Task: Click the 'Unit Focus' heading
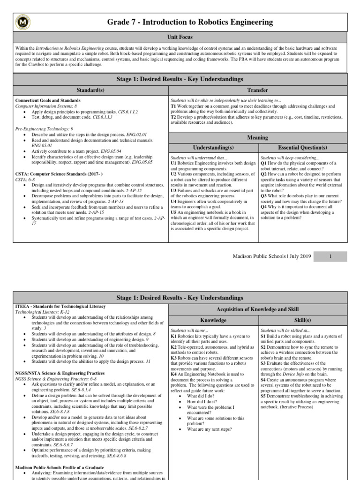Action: pos(180,37)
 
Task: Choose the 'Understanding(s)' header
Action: pos(213,147)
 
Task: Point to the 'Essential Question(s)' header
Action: pos(302,147)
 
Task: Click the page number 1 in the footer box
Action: pos(330,256)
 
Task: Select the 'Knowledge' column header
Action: pos(213,320)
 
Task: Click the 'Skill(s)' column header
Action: pos(302,320)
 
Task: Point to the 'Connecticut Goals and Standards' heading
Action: pos(48,100)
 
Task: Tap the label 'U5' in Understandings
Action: pos(173,212)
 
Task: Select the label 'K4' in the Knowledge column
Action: pos(174,374)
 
